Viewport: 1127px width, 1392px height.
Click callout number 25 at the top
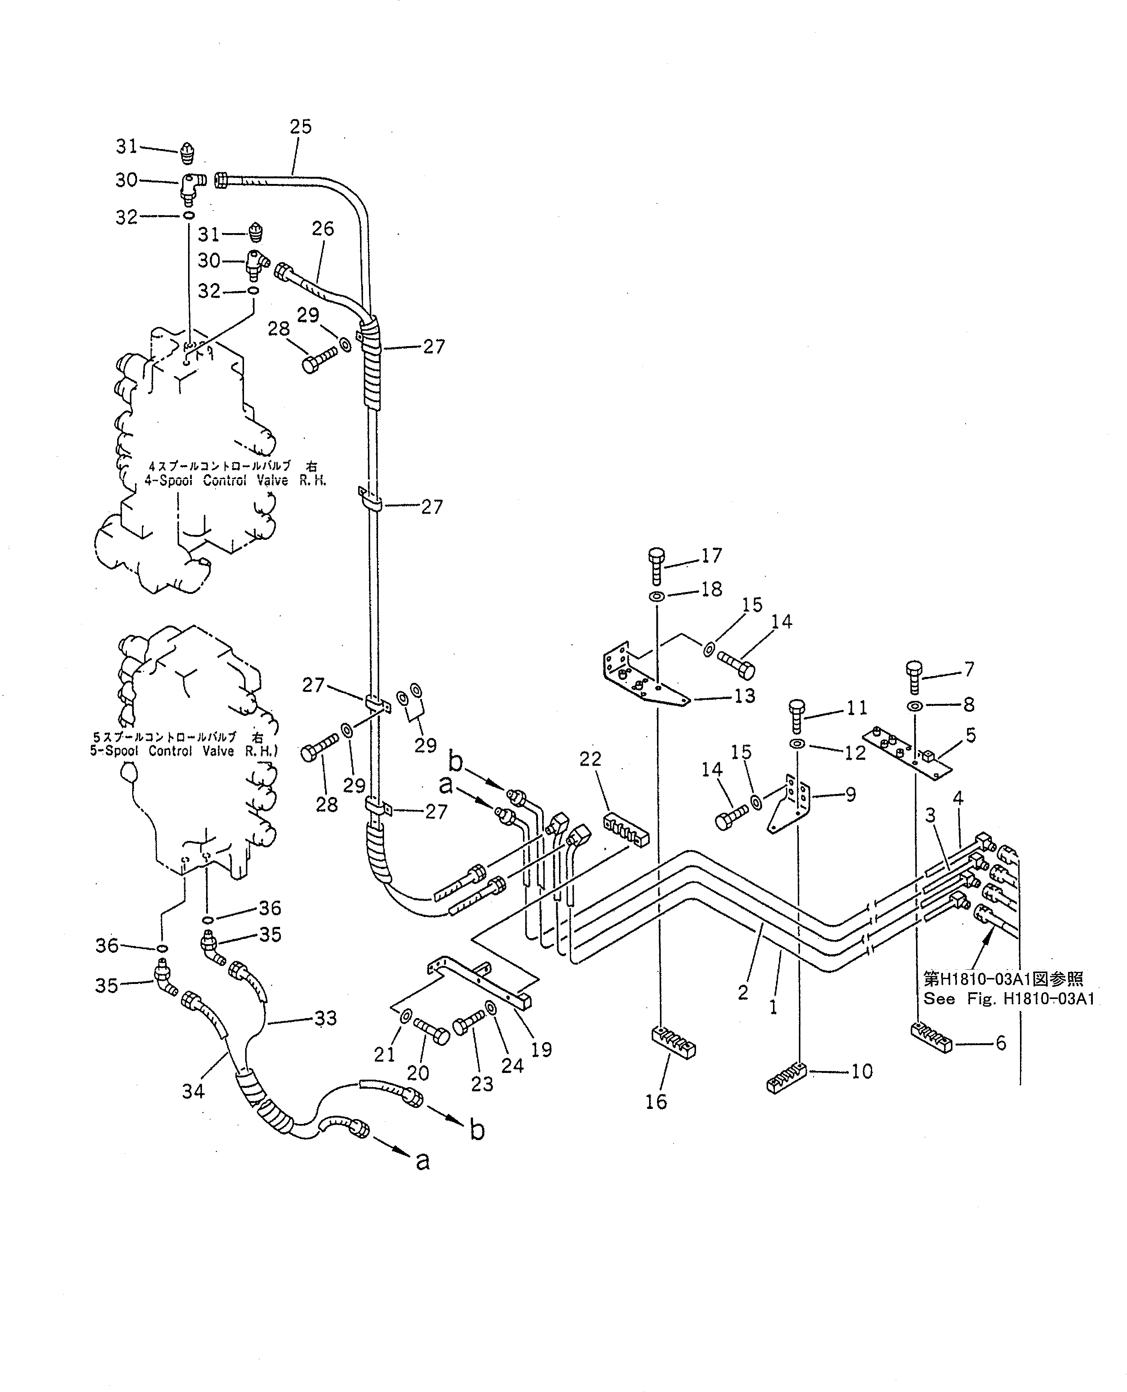(301, 127)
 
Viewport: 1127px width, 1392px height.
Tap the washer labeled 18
(656, 596)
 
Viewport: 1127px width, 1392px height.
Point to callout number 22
(590, 759)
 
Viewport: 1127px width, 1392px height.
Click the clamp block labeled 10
(786, 1080)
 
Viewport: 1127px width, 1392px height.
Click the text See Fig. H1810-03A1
(1008, 999)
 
